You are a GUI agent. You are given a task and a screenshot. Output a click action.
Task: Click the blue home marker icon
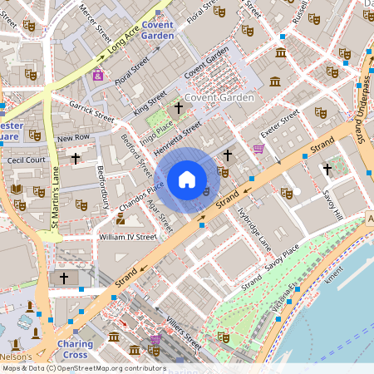[187, 180]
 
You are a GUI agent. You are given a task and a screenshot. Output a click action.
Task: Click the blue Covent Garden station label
[157, 30]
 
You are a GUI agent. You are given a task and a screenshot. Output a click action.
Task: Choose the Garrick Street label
[91, 111]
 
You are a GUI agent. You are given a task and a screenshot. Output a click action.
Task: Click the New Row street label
[73, 136]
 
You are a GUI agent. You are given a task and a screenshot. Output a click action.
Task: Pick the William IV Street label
[127, 236]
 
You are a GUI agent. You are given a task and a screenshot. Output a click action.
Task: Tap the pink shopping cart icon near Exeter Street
[258, 150]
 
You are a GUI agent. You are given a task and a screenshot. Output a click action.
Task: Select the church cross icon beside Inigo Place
[177, 108]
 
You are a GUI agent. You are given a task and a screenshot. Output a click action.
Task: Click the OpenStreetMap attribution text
[84, 368]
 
